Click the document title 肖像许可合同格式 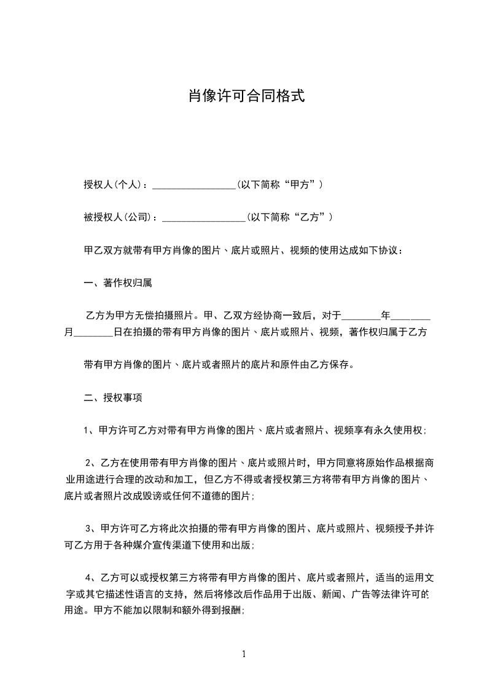tap(246, 97)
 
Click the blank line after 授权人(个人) tap(194, 185)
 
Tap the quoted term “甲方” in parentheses tap(302, 184)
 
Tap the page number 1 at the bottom tap(244, 654)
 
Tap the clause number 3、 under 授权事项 tap(92, 528)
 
